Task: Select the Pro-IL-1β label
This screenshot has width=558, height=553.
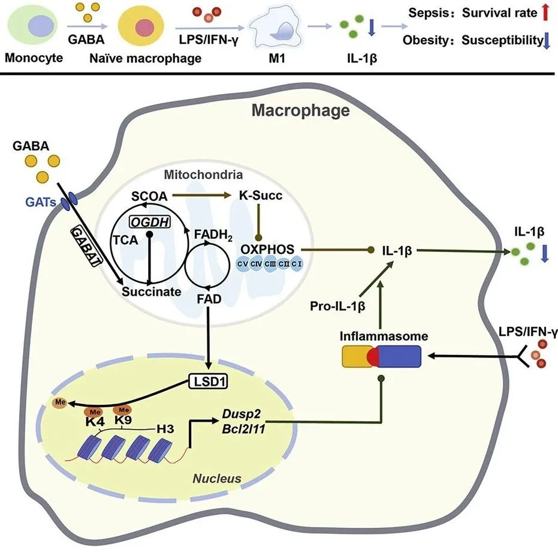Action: [338, 306]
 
